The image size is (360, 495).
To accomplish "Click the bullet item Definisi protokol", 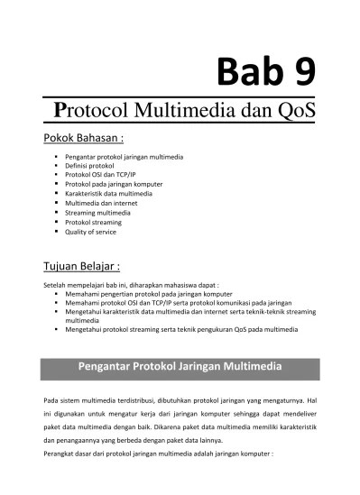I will click(93, 166).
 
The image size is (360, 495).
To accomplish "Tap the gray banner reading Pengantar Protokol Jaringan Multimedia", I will click(180, 367).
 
